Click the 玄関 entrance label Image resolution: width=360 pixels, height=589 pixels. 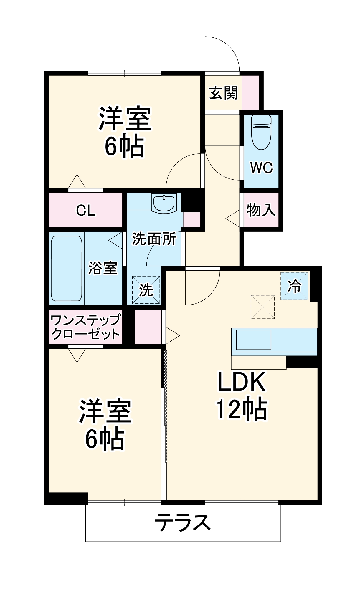[x=223, y=93]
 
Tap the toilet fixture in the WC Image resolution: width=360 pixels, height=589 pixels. [x=261, y=132]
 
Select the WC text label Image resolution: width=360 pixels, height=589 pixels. [x=261, y=168]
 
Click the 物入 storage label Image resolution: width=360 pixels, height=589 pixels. [x=261, y=210]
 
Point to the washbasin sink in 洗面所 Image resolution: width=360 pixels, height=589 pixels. [x=164, y=203]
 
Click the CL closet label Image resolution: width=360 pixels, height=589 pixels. [x=85, y=210]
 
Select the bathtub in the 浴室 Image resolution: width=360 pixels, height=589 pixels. [x=67, y=268]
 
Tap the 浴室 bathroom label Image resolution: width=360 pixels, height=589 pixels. [x=103, y=268]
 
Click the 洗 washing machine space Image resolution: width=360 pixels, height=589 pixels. [x=146, y=290]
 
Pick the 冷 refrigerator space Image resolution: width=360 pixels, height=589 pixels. [x=294, y=286]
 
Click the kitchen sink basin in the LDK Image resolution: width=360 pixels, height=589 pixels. [x=253, y=340]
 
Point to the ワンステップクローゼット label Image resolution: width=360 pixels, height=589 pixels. [x=85, y=327]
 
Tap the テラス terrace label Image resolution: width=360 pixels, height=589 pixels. [x=183, y=522]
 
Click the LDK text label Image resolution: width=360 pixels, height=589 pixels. [x=241, y=382]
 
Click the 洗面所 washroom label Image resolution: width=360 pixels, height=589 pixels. [x=154, y=239]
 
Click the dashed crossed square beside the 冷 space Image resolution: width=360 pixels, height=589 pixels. [x=262, y=307]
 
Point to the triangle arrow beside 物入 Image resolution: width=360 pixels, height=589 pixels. [x=233, y=219]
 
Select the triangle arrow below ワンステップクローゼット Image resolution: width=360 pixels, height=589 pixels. [x=77, y=355]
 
